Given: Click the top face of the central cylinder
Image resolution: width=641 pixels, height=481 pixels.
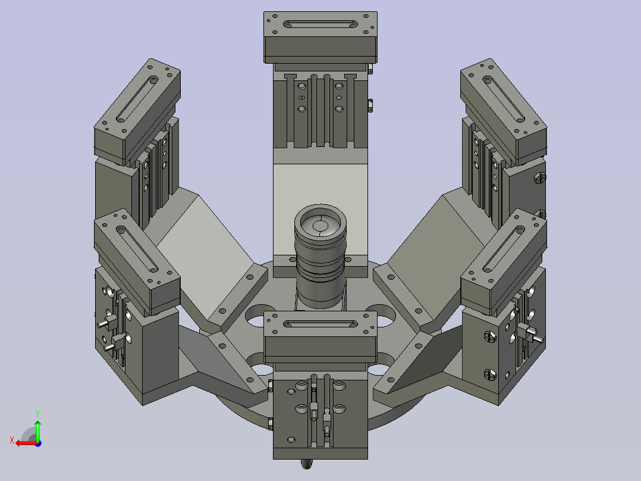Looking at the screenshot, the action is click(x=320, y=225).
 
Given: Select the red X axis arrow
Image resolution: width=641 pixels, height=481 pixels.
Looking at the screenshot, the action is click(x=27, y=443).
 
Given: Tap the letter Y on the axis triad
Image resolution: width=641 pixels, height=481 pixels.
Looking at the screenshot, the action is click(x=37, y=414).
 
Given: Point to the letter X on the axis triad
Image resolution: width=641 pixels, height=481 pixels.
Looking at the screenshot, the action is click(x=12, y=440).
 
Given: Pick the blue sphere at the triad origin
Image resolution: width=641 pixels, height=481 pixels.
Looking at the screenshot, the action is click(x=38, y=443).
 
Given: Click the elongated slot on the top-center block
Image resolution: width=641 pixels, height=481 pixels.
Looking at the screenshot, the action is click(x=320, y=24).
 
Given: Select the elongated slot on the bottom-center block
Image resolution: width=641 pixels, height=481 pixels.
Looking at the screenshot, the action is click(x=320, y=324).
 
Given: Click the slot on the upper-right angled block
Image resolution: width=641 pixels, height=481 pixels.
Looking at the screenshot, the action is click(x=504, y=99).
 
